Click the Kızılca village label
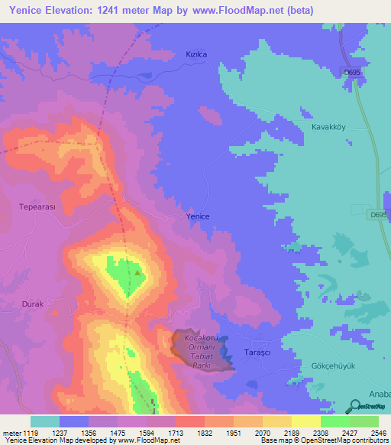click(198, 54)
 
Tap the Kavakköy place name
click(329, 127)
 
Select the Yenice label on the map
click(198, 217)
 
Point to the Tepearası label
click(37, 206)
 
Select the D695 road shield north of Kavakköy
click(351, 71)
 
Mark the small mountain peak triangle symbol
click(137, 271)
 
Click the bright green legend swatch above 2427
click(334, 421)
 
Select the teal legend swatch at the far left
click(45, 421)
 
